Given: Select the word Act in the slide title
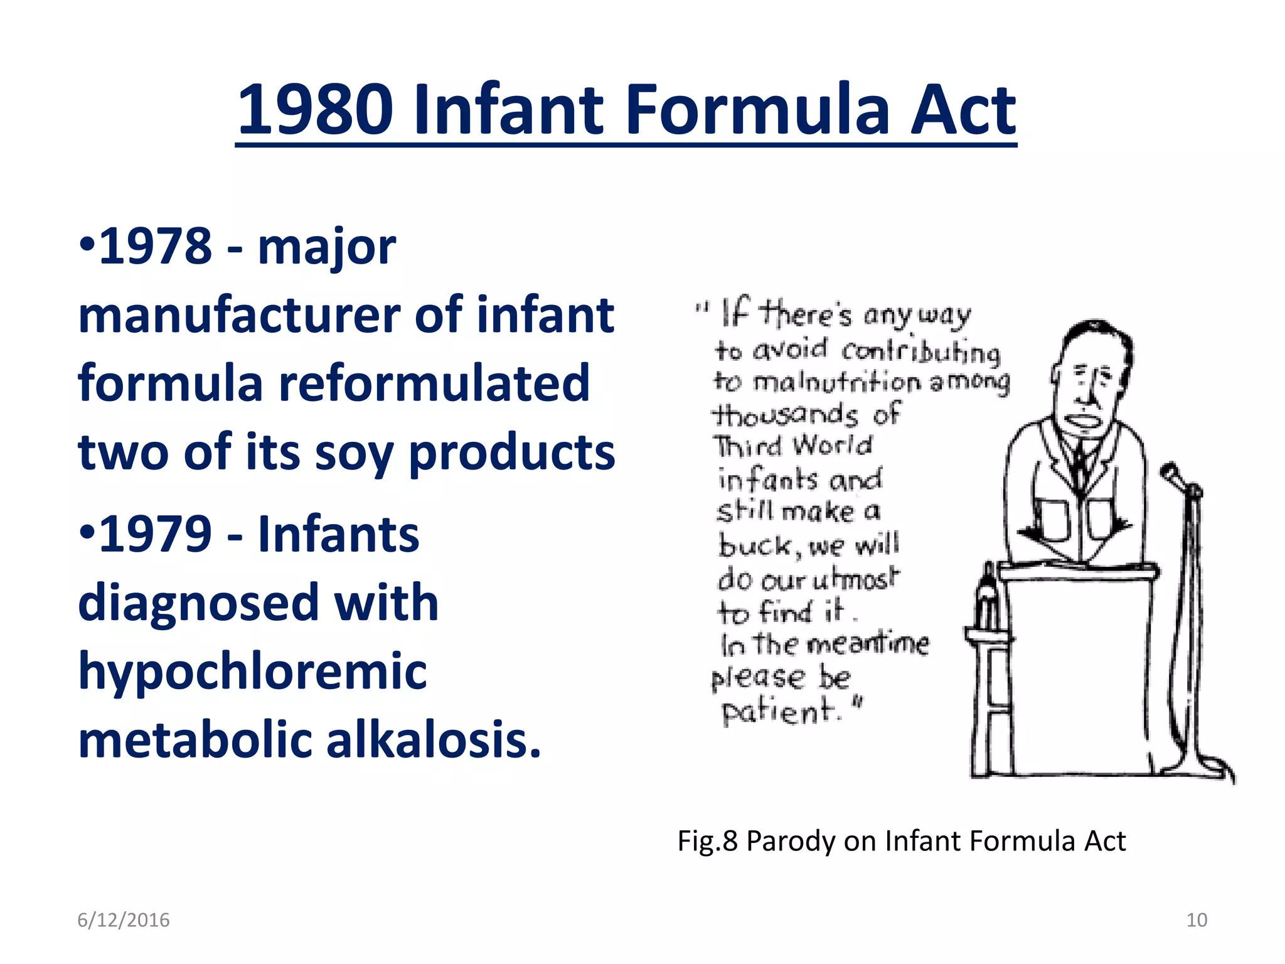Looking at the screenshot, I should click(x=963, y=110).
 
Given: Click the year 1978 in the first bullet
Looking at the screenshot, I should click(x=155, y=246).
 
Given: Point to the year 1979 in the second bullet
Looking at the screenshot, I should click(x=155, y=534).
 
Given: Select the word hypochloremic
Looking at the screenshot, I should click(x=252, y=671).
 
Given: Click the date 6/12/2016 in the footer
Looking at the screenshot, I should click(x=124, y=920).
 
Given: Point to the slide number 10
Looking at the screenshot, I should click(x=1197, y=920).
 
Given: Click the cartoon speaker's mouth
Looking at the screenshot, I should click(x=1084, y=420).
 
